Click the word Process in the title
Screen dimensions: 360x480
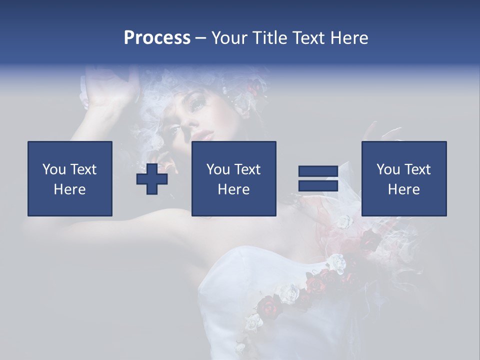[x=157, y=38]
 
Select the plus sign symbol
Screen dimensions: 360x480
[x=152, y=179]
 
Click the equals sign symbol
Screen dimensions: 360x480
[x=318, y=178]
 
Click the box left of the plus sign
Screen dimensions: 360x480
[x=70, y=178]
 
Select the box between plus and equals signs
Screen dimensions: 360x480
[x=233, y=178]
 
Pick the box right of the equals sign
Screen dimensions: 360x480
[x=403, y=178]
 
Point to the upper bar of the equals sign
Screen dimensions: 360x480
[x=318, y=171]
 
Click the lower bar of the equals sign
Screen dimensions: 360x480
[x=318, y=185]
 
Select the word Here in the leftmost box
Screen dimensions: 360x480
[x=70, y=189]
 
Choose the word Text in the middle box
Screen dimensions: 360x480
[x=247, y=169]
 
